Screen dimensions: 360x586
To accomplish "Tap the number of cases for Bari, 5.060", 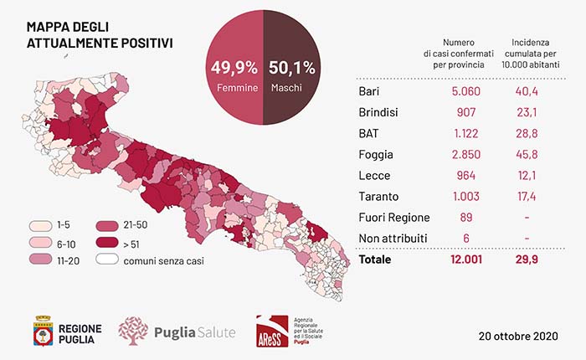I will (x=458, y=91).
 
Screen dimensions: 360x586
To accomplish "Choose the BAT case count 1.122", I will (x=459, y=133).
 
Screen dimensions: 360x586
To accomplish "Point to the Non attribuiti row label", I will (x=393, y=239).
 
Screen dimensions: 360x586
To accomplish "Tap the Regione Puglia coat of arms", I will (x=42, y=332).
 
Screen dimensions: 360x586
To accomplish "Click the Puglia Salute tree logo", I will (x=133, y=330).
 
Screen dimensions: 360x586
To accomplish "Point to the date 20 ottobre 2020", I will (x=517, y=336).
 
